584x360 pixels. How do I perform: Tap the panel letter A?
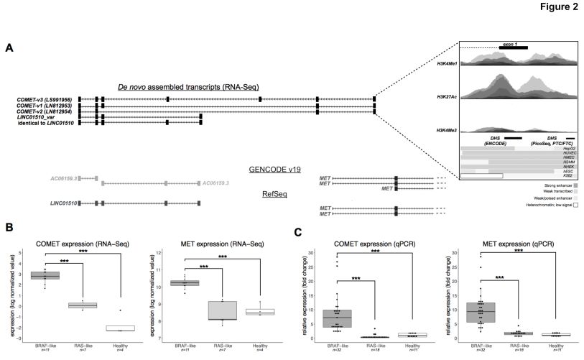pos(9,47)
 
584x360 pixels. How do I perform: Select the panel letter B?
pos(9,227)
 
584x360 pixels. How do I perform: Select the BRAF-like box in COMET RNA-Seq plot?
pos(45,275)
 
